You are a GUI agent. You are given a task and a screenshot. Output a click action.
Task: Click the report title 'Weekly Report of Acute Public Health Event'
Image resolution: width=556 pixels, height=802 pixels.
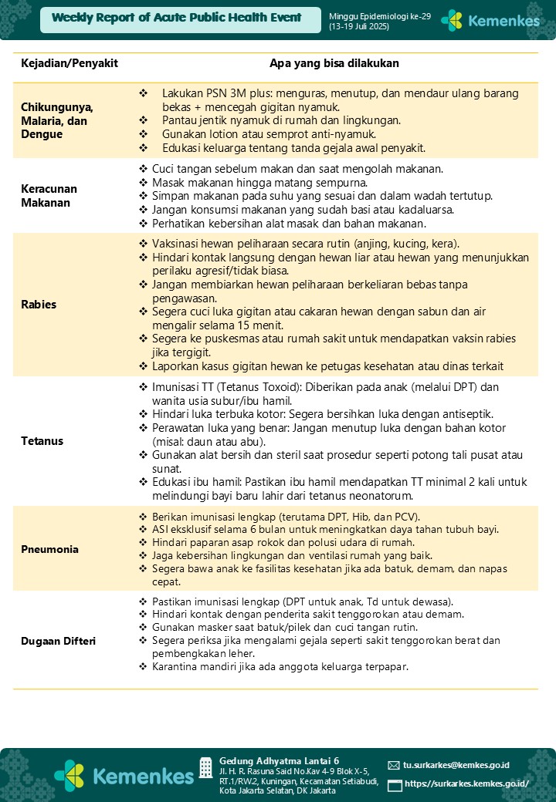[x=177, y=18]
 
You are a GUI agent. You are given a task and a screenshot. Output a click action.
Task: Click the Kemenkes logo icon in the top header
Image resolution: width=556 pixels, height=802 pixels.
[x=452, y=21]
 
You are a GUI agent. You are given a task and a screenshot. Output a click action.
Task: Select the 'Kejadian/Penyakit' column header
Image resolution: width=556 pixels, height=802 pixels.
[x=69, y=63]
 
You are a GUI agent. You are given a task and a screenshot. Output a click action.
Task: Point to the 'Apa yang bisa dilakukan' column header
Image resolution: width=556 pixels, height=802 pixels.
[x=334, y=63]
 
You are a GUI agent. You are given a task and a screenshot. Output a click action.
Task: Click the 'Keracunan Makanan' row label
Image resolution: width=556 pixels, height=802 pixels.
[x=49, y=196]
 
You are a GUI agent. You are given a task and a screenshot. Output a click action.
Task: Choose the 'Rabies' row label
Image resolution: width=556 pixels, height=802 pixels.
[x=39, y=304]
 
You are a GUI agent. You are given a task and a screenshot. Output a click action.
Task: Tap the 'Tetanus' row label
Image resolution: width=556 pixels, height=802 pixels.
[x=42, y=441]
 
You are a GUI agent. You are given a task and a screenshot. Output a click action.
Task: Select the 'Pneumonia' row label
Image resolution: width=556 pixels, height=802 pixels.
[x=49, y=550]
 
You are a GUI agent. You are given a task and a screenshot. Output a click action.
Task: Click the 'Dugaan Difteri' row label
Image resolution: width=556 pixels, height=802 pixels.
[x=58, y=640]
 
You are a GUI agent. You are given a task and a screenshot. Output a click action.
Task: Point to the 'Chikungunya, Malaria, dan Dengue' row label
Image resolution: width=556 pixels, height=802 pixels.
[x=57, y=121]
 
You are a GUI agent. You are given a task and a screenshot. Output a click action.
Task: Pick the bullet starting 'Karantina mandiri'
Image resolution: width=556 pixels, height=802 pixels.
[x=280, y=666]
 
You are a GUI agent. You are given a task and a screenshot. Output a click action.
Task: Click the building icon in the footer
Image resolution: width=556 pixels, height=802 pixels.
[x=206, y=767]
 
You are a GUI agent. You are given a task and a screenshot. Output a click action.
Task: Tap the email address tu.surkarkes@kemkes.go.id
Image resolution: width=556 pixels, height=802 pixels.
[x=456, y=765]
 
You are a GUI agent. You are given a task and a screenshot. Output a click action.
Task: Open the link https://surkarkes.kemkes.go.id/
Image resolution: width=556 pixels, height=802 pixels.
[x=466, y=783]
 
